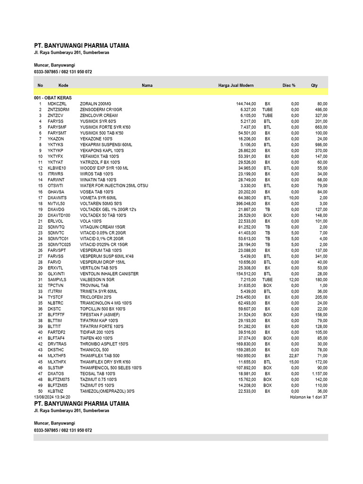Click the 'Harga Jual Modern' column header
[236, 85]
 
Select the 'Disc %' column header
[289, 85]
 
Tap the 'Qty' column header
[314, 85]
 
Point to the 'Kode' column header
[63, 85]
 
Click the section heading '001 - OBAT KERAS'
[53, 97]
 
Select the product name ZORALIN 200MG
[95, 104]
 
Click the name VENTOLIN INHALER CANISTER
[109, 274]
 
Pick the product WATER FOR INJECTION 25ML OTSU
[114, 186]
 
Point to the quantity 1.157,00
[318, 373]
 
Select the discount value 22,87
[294, 355]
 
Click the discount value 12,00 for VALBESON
[294, 280]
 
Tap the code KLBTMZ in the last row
[55, 391]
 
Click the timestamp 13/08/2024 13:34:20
[52, 397]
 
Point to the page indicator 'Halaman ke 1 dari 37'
[308, 397]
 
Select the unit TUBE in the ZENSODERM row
[268, 109]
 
